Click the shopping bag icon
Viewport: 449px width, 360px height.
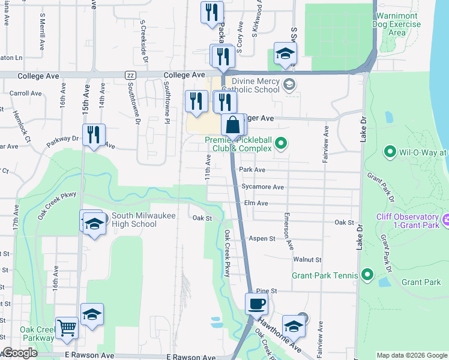tap(233, 126)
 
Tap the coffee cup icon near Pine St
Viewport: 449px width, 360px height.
tap(256, 304)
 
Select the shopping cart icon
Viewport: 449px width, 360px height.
tap(67, 328)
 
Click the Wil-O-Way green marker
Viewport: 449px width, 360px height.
tap(390, 152)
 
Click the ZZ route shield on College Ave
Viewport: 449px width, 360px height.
tap(130, 75)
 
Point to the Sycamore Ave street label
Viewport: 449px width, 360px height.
tap(262, 187)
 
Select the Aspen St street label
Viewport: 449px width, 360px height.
tap(262, 238)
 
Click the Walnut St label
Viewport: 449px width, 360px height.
tap(307, 259)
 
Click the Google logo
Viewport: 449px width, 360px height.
tap(20, 353)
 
